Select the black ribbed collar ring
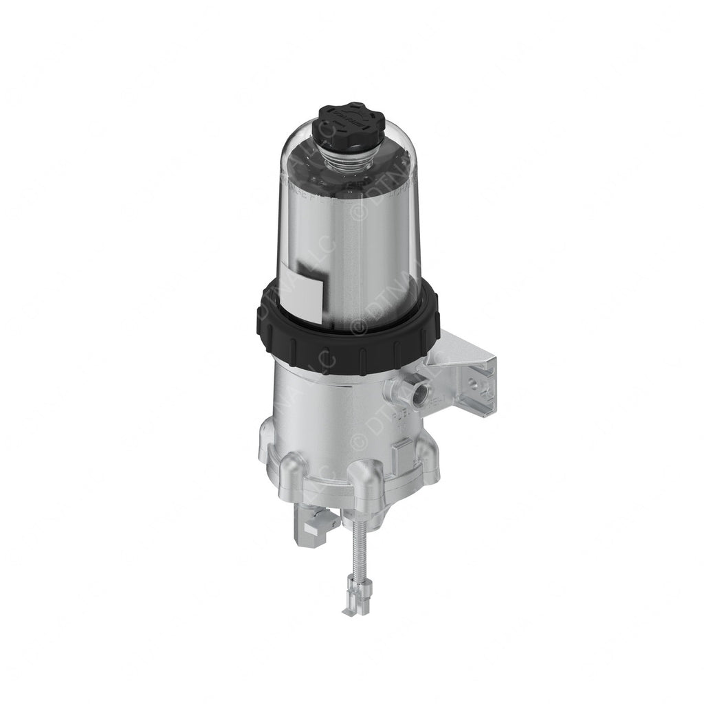(x=348, y=323)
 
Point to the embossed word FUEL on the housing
(x=401, y=417)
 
